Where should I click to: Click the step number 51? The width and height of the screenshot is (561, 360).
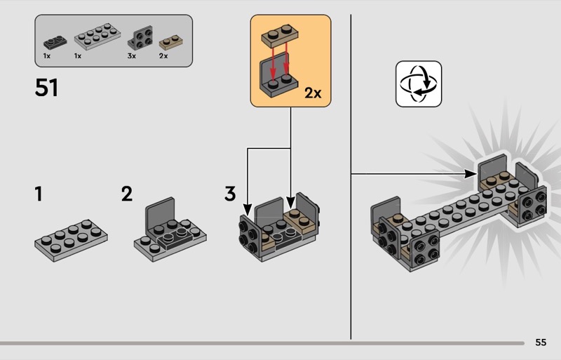pyautogui.click(x=46, y=88)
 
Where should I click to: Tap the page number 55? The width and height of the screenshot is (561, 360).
pyautogui.click(x=541, y=342)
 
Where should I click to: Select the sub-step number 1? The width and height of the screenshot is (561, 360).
pyautogui.click(x=39, y=194)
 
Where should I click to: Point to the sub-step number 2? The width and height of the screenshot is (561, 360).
pyautogui.click(x=127, y=194)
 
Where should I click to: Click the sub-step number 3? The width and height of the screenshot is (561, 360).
pyautogui.click(x=230, y=194)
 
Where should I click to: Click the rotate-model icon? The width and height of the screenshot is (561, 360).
pyautogui.click(x=419, y=84)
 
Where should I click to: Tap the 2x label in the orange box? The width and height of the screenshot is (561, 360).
pyautogui.click(x=313, y=93)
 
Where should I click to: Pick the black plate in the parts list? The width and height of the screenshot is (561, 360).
pyautogui.click(x=55, y=42)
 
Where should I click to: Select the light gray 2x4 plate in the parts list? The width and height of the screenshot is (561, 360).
pyautogui.click(x=97, y=36)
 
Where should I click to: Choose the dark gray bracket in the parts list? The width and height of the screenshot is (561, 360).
pyautogui.click(x=140, y=38)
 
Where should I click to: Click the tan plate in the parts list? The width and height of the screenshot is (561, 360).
pyautogui.click(x=170, y=42)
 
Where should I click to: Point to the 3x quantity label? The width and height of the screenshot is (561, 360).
pyautogui.click(x=132, y=56)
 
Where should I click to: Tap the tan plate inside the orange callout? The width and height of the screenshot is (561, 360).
pyautogui.click(x=280, y=35)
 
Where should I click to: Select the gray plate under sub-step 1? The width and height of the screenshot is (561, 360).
pyautogui.click(x=71, y=241)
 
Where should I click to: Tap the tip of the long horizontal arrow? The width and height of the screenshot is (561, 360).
pyautogui.click(x=478, y=174)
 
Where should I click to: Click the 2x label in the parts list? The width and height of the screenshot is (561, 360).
pyautogui.click(x=163, y=56)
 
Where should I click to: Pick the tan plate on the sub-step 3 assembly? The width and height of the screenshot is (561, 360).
pyautogui.click(x=300, y=221)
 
